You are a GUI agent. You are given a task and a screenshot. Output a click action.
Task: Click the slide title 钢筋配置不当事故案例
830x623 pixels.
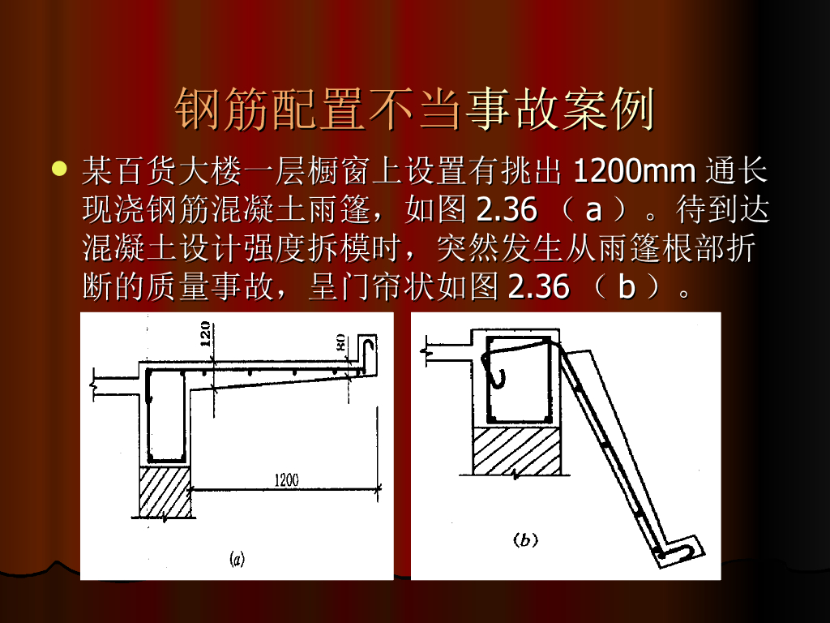pyautogui.click(x=415, y=110)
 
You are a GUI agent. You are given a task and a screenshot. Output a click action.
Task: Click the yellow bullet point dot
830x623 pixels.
pyautogui.click(x=59, y=169)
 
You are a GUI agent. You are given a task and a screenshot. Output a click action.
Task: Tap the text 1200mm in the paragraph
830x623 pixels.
pyautogui.click(x=634, y=170)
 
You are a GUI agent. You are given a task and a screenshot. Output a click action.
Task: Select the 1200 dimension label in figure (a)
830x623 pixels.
pyautogui.click(x=286, y=480)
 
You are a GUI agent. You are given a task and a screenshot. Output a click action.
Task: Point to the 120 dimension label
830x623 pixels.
pyautogui.click(x=205, y=333)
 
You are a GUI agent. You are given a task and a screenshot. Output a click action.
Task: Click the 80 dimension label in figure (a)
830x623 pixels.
pyautogui.click(x=340, y=342)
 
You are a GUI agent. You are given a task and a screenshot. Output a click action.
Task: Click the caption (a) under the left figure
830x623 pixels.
pyautogui.click(x=237, y=559)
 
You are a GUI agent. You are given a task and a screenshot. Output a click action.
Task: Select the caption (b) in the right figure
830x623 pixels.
pyautogui.click(x=525, y=539)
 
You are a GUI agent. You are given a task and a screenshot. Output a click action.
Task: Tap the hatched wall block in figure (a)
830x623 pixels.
pyautogui.click(x=165, y=491)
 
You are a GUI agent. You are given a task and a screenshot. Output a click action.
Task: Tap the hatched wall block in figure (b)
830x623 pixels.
pyautogui.click(x=516, y=451)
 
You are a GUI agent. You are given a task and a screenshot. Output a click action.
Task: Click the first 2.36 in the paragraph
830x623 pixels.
pyautogui.click(x=507, y=209)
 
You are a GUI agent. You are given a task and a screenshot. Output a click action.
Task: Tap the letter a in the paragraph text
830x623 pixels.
pyautogui.click(x=594, y=210)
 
